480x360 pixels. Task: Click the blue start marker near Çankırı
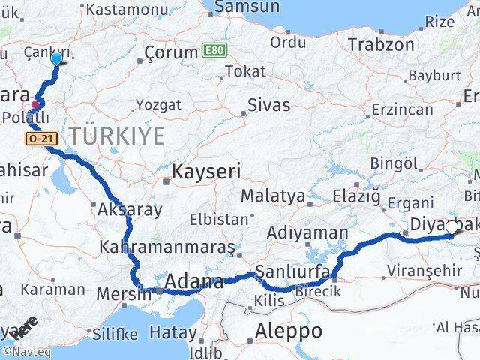pos(56,58)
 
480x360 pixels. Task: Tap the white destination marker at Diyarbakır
pos(451,227)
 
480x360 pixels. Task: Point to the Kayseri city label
pos(205,172)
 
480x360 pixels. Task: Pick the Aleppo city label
pos(289,331)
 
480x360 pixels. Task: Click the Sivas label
pos(268,105)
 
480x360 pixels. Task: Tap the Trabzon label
pos(380,44)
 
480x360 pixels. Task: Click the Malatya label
pos(273,196)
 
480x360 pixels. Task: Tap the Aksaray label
pos(129,209)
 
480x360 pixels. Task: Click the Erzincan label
pos(405,109)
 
